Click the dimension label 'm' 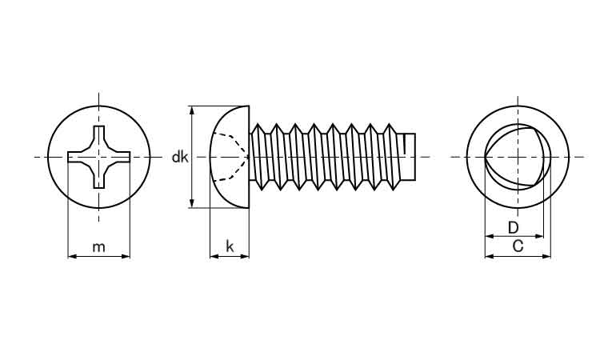tap(98, 246)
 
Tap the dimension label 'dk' tap(180, 158)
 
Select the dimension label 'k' tap(230, 246)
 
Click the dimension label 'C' tap(518, 246)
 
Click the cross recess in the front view tap(98, 157)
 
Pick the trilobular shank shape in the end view tap(513, 157)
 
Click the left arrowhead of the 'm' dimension tap(70, 256)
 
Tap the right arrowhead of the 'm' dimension tap(126, 256)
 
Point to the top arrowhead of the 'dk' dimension tap(192, 110)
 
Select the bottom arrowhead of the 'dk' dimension tap(192, 204)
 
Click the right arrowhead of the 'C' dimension tap(547, 256)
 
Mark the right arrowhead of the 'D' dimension tap(540, 237)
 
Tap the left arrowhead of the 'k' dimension tap(213, 256)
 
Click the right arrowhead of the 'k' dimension tap(246, 256)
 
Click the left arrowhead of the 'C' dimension tap(489, 256)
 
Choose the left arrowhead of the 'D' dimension tap(489, 237)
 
